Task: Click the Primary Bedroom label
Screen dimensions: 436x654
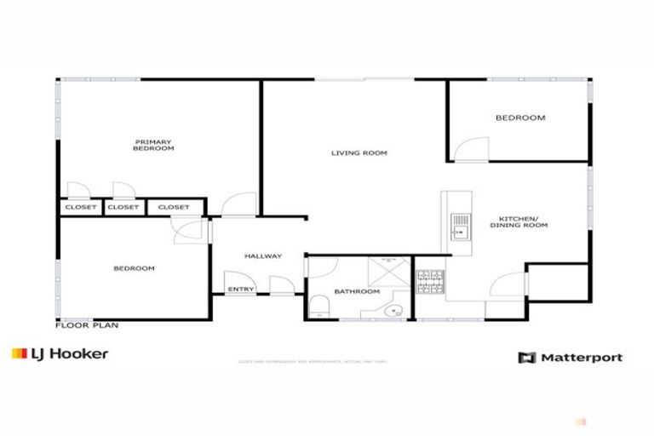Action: [x=153, y=145]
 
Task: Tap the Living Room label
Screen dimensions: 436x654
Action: [x=359, y=153]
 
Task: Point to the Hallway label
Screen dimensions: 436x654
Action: [x=262, y=256]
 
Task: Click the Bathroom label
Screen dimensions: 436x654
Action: [x=356, y=292]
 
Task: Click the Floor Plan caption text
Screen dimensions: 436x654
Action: [x=86, y=324]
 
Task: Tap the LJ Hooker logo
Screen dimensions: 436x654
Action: [x=60, y=353]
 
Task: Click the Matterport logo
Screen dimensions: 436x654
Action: [x=570, y=358]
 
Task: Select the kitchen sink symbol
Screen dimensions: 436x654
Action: [x=460, y=226]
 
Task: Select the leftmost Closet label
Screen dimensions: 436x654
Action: [x=80, y=207]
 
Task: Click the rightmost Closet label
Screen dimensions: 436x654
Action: [x=174, y=207]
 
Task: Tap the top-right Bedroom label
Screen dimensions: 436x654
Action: [x=519, y=118]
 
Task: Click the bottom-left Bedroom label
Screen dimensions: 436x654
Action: [x=134, y=269]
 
